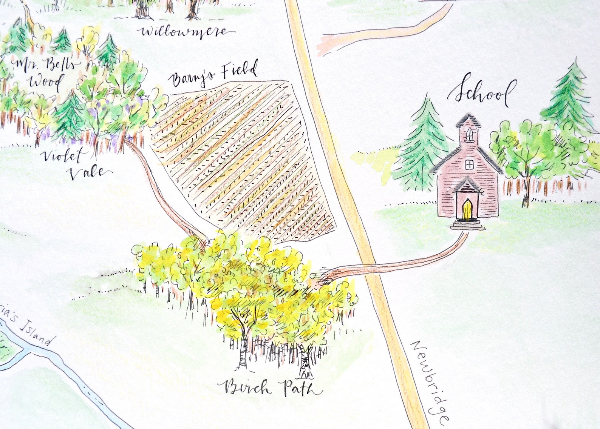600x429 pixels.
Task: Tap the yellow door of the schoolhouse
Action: point(467,210)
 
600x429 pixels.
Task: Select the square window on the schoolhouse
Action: point(469,165)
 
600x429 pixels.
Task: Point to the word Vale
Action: point(89,172)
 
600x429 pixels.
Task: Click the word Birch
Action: point(246,387)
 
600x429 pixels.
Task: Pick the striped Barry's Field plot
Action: point(242,158)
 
